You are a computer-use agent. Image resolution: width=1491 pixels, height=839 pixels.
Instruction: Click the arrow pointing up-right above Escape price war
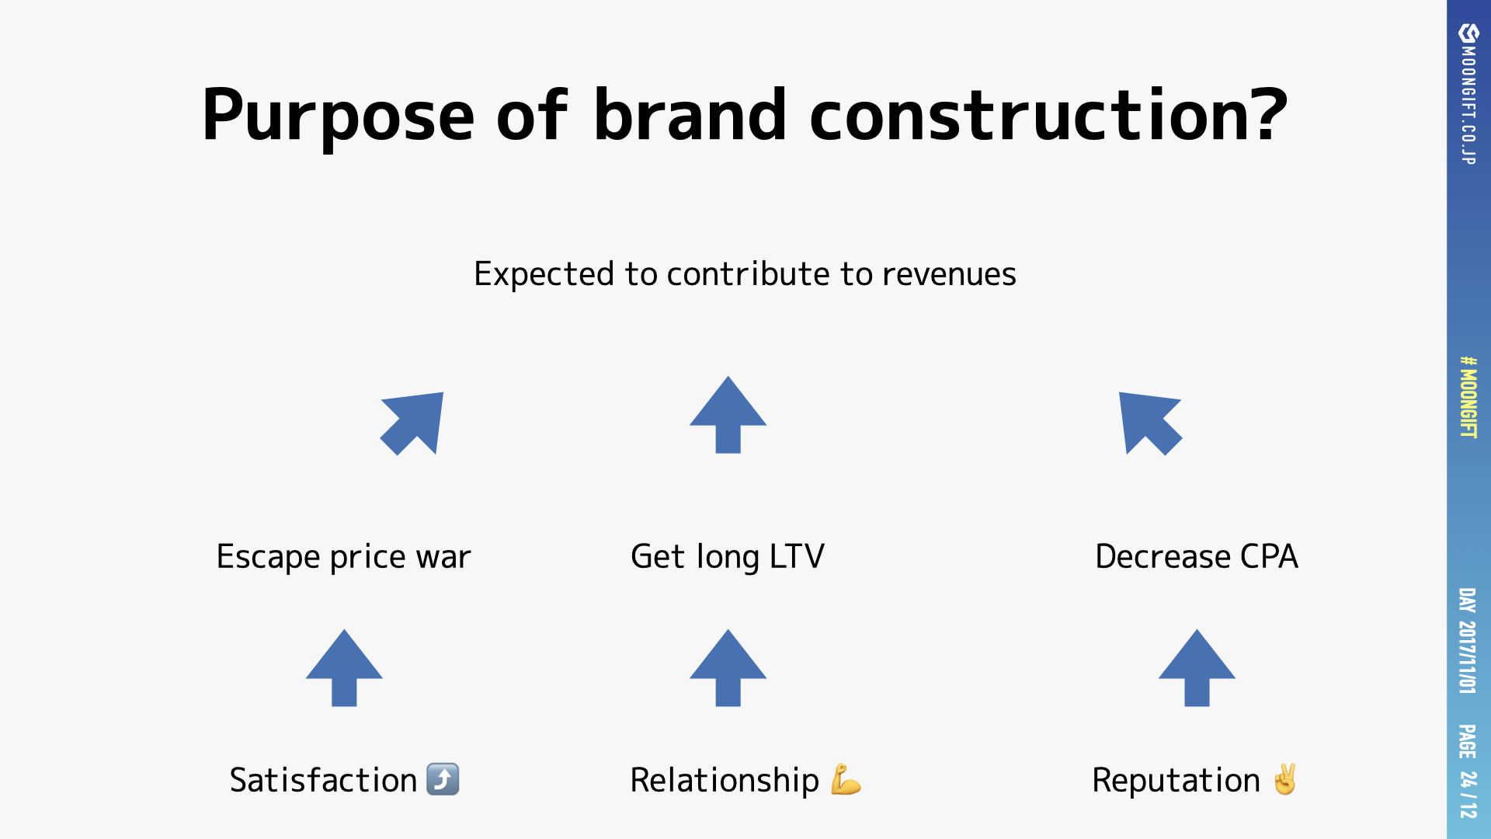click(x=412, y=423)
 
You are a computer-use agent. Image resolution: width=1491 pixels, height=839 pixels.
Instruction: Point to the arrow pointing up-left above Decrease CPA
click(x=1150, y=423)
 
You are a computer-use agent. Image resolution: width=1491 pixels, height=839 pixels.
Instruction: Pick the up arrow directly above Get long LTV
click(x=728, y=415)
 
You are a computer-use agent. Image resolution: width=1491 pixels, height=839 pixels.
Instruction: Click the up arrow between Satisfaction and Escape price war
click(x=344, y=668)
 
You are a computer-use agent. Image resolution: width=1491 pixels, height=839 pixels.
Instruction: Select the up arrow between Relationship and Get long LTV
click(x=728, y=668)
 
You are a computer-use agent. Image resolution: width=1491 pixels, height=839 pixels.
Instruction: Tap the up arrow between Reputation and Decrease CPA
click(x=1197, y=668)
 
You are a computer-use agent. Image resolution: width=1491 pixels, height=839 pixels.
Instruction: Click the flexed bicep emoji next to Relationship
click(x=846, y=780)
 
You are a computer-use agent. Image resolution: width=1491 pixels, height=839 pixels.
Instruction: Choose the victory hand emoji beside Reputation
click(x=1285, y=779)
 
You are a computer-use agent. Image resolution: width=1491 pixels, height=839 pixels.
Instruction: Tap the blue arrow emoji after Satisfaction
click(x=443, y=779)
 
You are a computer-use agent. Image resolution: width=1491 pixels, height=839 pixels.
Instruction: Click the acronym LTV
click(x=798, y=556)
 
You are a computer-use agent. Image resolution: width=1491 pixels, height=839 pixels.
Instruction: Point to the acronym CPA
click(x=1269, y=556)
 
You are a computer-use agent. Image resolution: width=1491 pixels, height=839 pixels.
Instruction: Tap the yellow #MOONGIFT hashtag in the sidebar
click(x=1468, y=397)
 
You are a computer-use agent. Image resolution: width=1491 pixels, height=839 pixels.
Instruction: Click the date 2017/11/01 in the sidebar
click(x=1467, y=656)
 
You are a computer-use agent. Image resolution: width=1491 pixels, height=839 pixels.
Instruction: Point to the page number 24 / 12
click(x=1467, y=794)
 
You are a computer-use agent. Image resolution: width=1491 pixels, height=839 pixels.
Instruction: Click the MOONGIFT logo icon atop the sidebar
click(x=1468, y=33)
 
